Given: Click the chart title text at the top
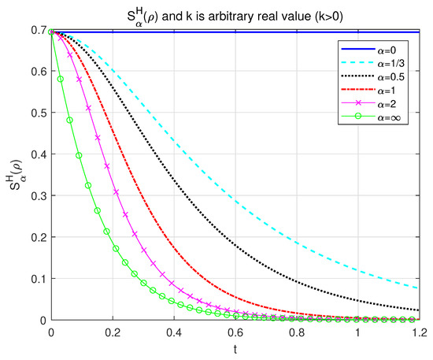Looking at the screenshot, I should pyautogui.click(x=236, y=13).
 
